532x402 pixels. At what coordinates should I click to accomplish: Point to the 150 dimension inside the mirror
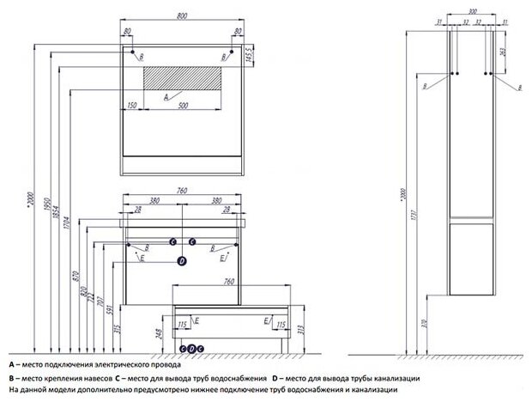132,106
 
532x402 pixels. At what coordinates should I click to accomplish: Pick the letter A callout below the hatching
153,97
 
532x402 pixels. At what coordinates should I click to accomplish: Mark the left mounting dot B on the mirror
133,54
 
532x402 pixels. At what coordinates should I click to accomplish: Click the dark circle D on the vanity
181,260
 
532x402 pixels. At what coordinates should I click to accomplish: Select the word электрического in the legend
123,365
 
